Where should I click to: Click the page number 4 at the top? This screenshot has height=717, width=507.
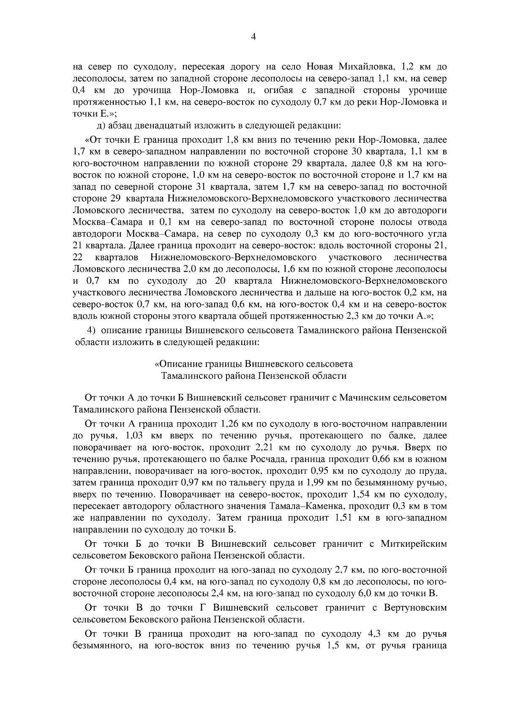(x=253, y=37)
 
